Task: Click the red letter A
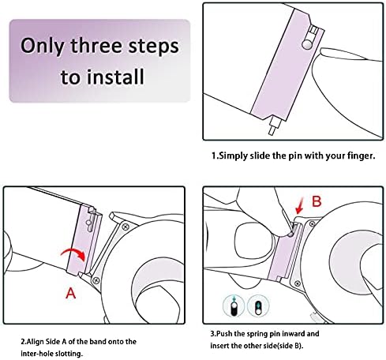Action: point(71,293)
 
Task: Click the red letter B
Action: point(317,201)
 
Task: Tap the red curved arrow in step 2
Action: point(73,254)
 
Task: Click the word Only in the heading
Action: point(42,47)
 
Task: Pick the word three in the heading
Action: point(96,46)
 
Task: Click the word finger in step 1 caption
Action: point(361,156)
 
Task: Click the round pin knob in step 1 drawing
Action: point(307,44)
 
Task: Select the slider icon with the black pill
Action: point(234,306)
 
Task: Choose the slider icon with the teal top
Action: point(259,306)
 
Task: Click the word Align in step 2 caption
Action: point(36,342)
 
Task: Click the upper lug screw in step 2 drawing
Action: point(126,227)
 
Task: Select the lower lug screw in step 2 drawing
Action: point(96,280)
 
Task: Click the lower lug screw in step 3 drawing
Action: point(298,283)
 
